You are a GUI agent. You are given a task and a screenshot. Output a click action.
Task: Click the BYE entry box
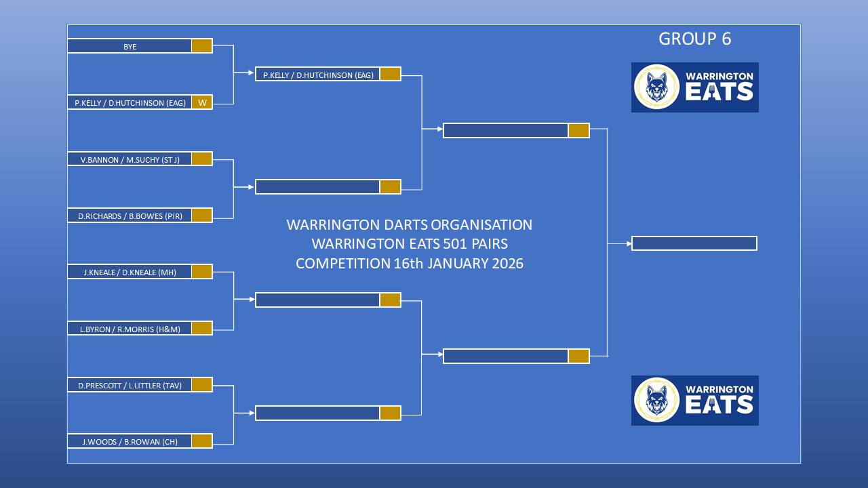130,45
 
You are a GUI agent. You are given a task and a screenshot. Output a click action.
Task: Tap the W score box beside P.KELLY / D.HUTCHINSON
202,102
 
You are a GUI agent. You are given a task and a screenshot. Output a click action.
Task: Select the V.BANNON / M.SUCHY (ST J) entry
130,159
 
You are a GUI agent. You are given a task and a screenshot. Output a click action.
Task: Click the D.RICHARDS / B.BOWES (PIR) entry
130,216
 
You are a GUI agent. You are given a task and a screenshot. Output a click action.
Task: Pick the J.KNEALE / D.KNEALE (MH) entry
130,272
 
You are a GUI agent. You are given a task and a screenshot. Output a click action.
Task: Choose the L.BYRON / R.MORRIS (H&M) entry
130,329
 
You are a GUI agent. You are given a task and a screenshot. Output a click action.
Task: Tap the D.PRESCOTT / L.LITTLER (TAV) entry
130,385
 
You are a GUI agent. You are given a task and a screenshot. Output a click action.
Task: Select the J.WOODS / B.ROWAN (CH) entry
130,441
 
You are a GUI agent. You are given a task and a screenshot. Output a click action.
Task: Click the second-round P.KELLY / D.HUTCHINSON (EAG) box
318,74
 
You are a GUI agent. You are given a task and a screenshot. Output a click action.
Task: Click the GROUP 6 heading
695,39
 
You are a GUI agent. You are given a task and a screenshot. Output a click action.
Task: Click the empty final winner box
694,243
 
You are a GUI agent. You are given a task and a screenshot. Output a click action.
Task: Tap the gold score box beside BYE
202,45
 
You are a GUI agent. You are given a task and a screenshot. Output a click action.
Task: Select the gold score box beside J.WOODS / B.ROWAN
202,441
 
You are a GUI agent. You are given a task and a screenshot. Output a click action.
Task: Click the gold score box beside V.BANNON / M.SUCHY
202,159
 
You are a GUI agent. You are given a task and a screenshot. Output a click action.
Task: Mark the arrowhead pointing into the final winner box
629,243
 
